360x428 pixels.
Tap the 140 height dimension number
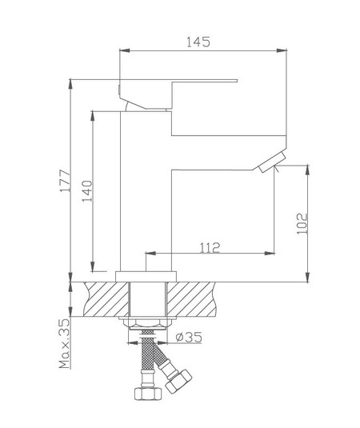(87, 192)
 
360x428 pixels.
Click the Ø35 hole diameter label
(190, 338)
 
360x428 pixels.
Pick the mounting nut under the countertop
(145, 321)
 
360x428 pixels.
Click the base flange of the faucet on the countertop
(145, 274)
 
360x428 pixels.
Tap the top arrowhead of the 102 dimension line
(309, 169)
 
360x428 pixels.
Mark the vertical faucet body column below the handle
(146, 192)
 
